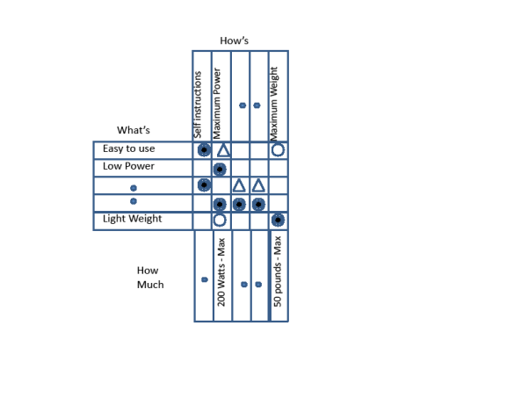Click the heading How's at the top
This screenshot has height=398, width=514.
(x=235, y=40)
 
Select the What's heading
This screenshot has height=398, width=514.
(x=133, y=130)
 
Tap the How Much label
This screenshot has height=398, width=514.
(x=149, y=278)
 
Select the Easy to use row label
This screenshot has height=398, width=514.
(x=128, y=149)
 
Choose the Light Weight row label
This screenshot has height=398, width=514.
(x=132, y=219)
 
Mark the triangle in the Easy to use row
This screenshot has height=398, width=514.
(x=223, y=150)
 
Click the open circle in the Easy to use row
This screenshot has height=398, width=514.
(x=278, y=150)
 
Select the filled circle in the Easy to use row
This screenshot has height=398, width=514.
(x=204, y=150)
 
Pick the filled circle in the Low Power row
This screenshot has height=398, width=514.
(x=220, y=169)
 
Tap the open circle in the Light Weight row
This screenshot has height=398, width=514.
(x=220, y=220)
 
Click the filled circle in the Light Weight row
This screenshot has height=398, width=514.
(x=278, y=220)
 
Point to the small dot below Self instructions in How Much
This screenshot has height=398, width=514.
(x=204, y=280)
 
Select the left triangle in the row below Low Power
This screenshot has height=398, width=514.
(x=239, y=185)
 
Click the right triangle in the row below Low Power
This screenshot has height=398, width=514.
(x=258, y=185)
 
